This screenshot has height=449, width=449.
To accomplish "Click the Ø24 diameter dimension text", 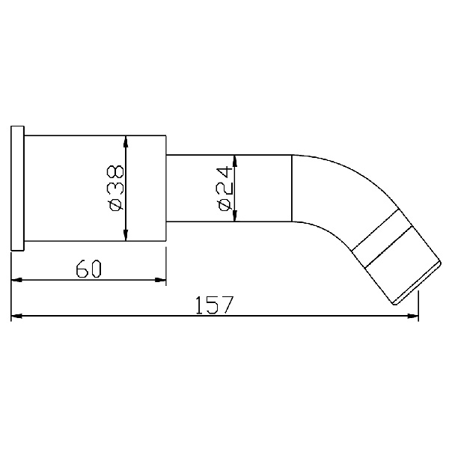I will tap(225, 189).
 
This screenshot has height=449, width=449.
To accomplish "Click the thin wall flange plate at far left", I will tap(18, 189).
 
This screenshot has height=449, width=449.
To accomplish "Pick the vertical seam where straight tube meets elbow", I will tap(290, 189).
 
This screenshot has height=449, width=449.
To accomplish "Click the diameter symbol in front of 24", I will tap(225, 204).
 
